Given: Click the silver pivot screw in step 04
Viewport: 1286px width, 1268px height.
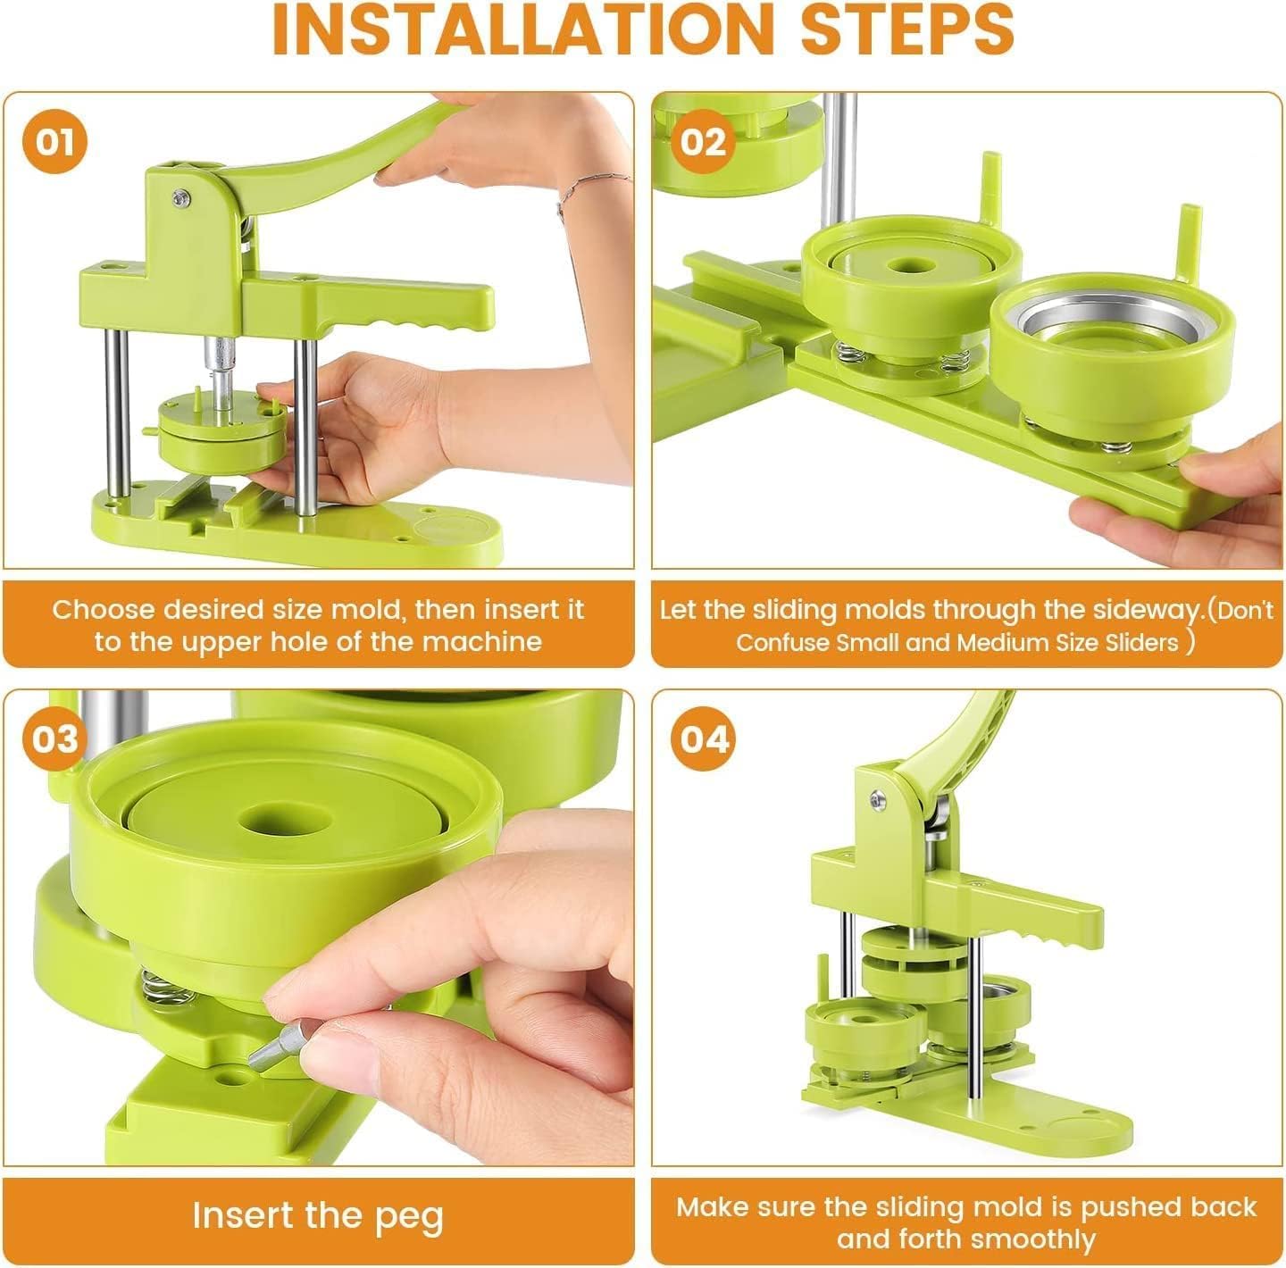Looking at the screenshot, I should [879, 801].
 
